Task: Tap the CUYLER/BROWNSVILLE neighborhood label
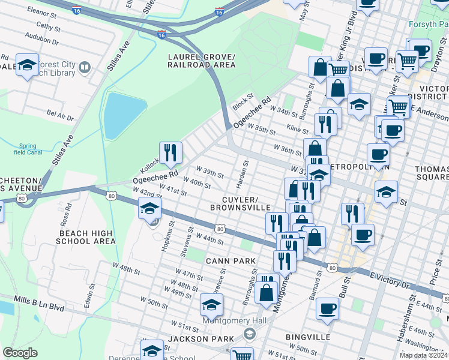(x=240, y=203)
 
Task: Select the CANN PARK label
(x=231, y=260)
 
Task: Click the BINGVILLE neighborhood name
(x=308, y=337)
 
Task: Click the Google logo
(x=20, y=352)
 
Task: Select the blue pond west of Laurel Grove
(x=124, y=115)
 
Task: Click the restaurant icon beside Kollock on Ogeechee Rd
(x=170, y=154)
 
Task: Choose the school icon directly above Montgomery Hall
(x=211, y=305)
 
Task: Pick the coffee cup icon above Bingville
(x=327, y=309)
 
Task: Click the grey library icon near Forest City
(x=84, y=67)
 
